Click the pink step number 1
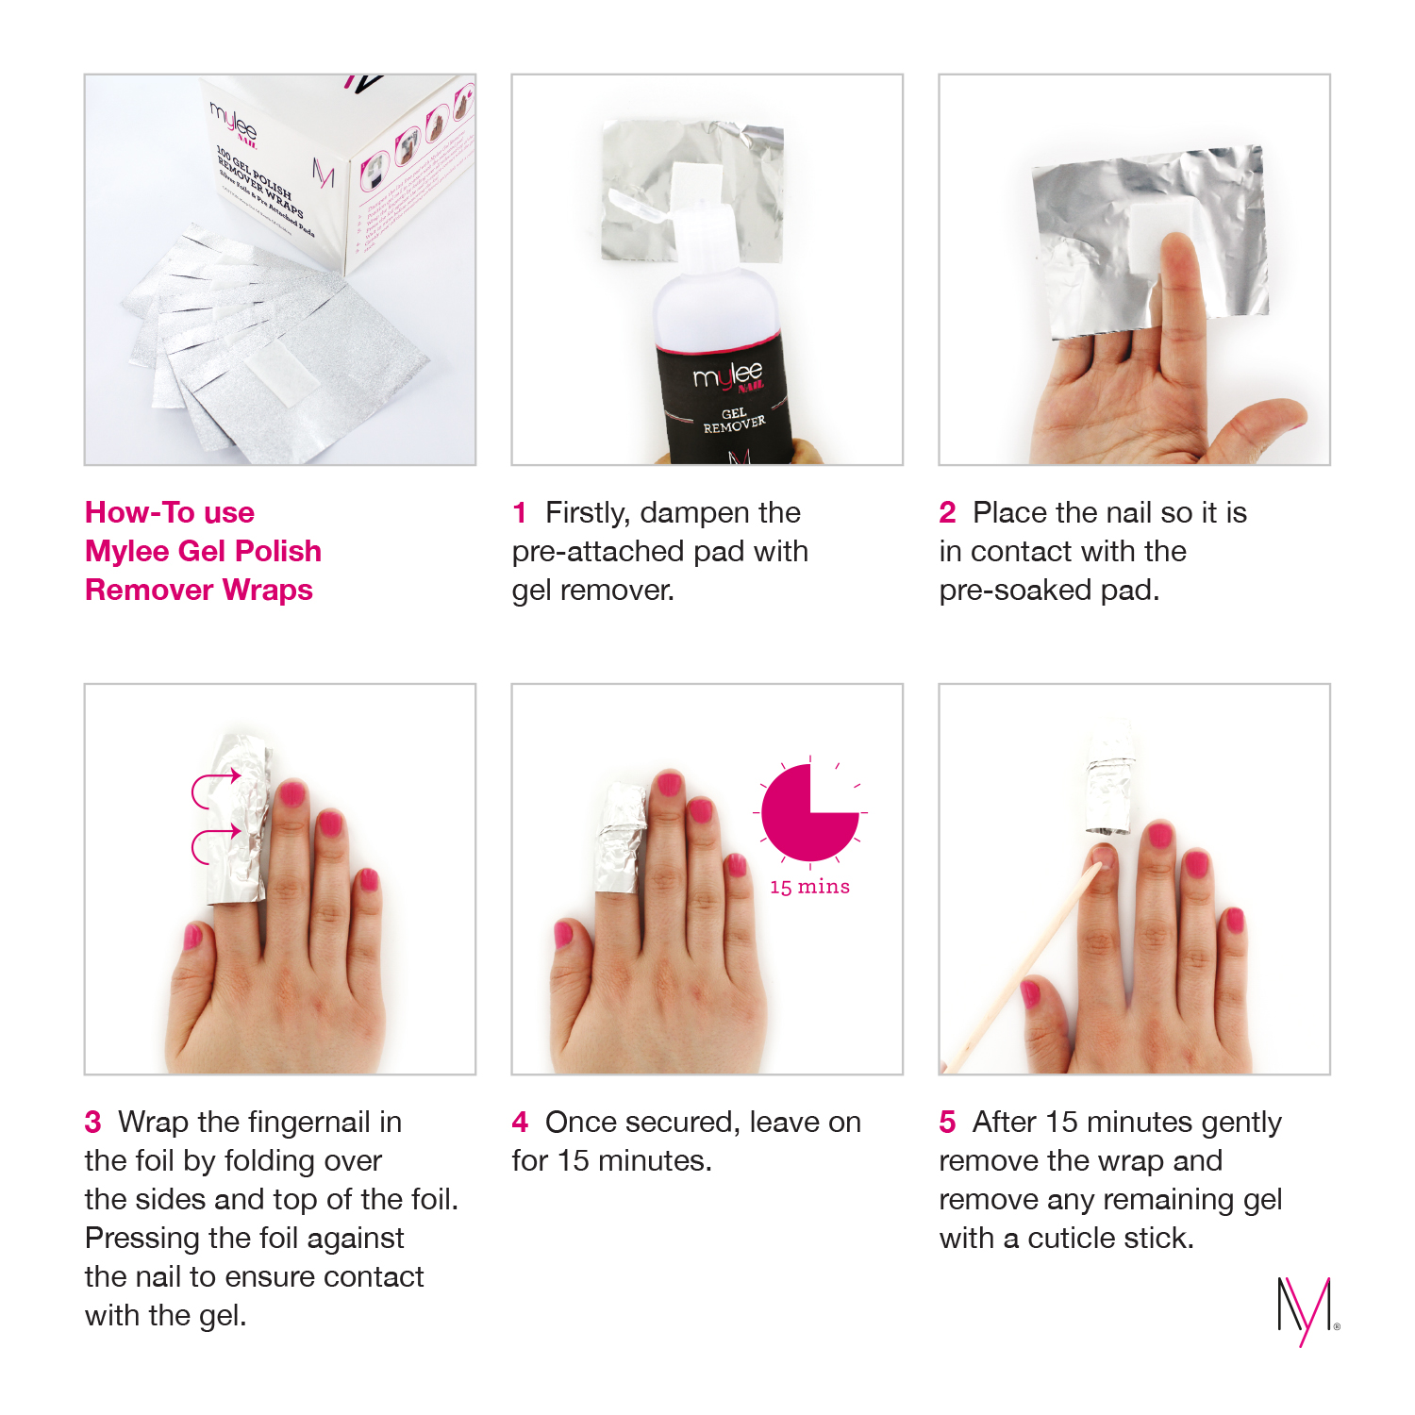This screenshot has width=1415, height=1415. coord(519,513)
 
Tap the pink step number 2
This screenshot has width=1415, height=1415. coord(947,513)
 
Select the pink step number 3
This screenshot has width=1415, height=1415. coord(92,1123)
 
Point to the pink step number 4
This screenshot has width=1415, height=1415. coord(520,1123)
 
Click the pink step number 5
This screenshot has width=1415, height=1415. coord(947,1123)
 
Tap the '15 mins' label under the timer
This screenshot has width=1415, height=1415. coord(809,887)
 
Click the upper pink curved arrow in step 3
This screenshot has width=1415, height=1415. coord(215,789)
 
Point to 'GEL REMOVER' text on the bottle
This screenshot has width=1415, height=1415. coord(733,421)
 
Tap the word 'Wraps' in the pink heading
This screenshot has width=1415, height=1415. coord(268,591)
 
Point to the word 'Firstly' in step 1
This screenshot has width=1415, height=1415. coord(587,513)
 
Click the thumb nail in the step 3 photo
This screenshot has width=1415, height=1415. coord(192,936)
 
